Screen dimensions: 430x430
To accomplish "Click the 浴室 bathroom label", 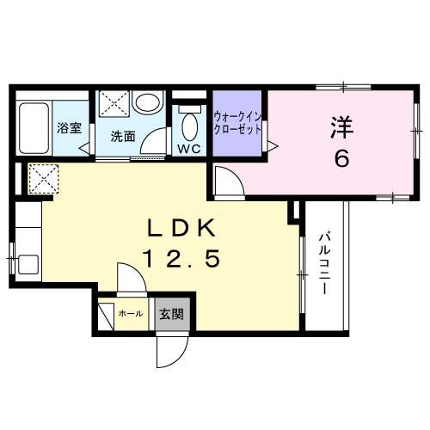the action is (70, 128).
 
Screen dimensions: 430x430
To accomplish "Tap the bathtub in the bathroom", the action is (34, 128).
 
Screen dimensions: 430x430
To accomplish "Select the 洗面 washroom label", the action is (123, 137).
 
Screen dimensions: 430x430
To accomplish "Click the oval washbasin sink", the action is (148, 102).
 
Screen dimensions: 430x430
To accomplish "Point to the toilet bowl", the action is (190, 126).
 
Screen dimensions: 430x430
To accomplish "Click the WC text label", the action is (189, 149).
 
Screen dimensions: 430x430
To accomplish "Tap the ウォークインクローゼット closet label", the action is (237, 123).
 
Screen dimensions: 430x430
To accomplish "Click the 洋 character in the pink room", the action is (342, 127).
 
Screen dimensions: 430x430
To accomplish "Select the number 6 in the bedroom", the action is (341, 159).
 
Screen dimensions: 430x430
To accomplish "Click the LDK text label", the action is (181, 228).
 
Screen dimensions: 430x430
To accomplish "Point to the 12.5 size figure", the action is (182, 258).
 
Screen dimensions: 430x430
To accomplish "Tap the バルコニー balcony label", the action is (324, 262).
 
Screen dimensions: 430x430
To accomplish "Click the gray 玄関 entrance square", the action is (172, 315).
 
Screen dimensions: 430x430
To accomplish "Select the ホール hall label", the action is (131, 314).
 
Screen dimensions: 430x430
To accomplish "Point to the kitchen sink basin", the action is (28, 265).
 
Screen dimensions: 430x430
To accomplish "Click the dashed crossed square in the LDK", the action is (44, 179).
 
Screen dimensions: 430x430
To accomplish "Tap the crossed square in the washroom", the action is (114, 103).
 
